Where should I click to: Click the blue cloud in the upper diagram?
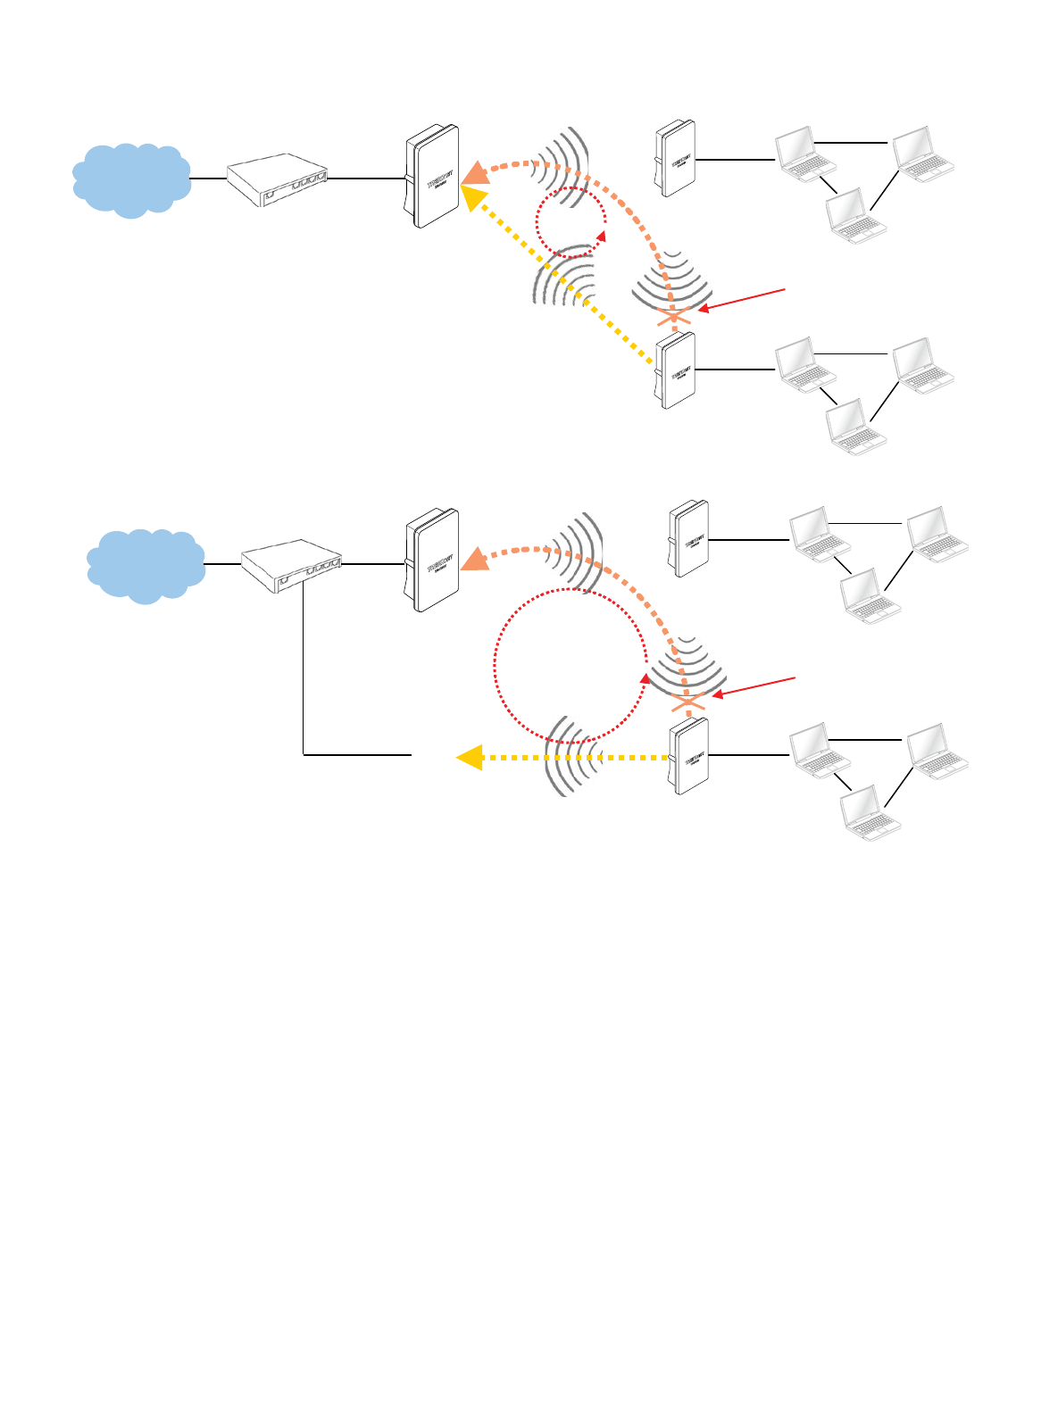[131, 179]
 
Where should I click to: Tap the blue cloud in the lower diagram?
[146, 565]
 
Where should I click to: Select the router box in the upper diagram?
[277, 180]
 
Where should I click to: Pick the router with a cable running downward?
[292, 566]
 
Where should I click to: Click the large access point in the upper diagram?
[432, 176]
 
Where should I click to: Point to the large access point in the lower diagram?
[432, 561]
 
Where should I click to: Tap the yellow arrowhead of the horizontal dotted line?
[469, 757]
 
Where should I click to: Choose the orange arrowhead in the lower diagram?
[476, 558]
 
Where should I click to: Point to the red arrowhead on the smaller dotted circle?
[602, 237]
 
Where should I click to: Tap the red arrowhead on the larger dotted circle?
[645, 680]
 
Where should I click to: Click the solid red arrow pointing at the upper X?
[742, 299]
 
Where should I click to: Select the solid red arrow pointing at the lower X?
[754, 686]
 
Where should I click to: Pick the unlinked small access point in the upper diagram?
[675, 159]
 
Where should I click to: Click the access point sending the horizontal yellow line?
[688, 756]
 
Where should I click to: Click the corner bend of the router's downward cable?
[304, 755]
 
